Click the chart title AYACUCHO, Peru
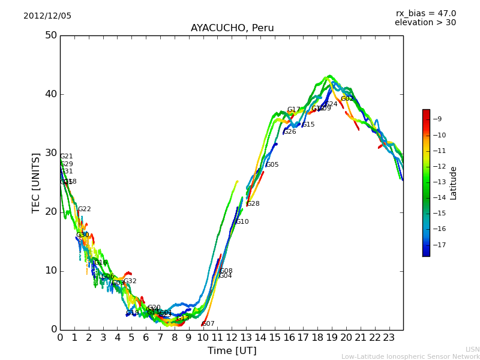pos(232,28)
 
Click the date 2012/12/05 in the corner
pos(47,16)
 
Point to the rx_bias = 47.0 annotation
pos(425,14)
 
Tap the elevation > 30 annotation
pos(425,23)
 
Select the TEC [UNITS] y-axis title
pos(36,182)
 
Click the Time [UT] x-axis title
pos(232,351)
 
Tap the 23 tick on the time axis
pos(389,338)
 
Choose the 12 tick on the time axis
pos(232,338)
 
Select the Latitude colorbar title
pos(454,183)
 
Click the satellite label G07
pos(208,324)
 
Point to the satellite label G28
pos(253,204)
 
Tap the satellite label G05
pos(272,165)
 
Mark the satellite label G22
pos(85,209)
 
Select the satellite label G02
pos(347,99)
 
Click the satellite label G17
pos(293,110)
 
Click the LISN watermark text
pos(472,349)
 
